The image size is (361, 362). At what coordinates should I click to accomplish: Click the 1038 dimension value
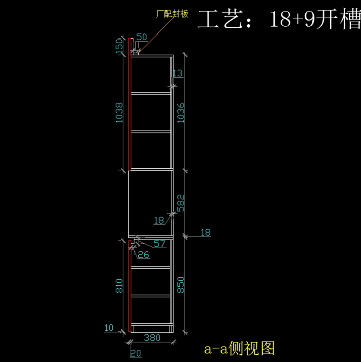coord(119,113)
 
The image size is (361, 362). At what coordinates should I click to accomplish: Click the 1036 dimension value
coord(181,113)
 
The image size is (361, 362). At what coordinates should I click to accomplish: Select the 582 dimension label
coord(181,203)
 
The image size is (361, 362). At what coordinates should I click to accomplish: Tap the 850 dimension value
coord(181,285)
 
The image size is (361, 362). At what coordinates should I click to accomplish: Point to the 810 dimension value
coord(119,286)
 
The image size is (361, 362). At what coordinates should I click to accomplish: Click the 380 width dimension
coord(152,338)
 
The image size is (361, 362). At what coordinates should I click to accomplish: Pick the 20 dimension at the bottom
coord(136,353)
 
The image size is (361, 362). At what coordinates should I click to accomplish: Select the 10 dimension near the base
coord(109,328)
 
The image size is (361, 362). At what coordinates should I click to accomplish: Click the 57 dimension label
coord(159,244)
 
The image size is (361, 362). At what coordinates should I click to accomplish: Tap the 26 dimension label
coord(143,254)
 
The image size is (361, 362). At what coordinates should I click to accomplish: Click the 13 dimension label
coord(177,73)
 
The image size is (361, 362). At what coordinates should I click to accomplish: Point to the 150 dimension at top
coord(119,46)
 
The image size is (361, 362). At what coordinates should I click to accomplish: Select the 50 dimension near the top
coord(142,37)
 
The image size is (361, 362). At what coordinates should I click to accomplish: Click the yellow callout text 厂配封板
coord(172,14)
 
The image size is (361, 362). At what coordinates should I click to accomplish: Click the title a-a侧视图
coord(239,348)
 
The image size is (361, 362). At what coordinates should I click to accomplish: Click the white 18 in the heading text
coord(281,19)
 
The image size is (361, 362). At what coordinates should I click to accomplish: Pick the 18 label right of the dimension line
coord(206,232)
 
